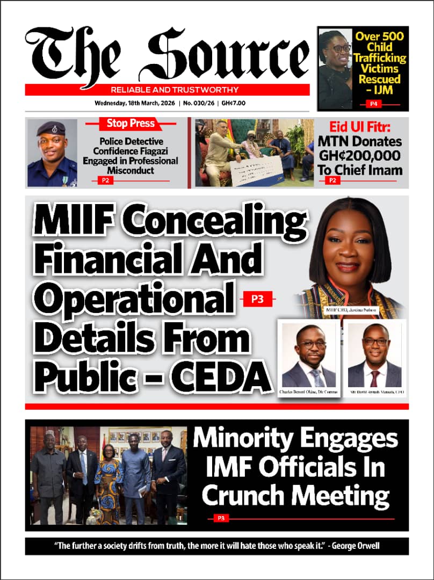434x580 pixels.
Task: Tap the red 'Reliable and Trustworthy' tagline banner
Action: (x=167, y=90)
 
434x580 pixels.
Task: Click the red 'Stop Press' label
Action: (x=131, y=124)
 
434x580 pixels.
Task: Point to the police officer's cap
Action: (x=51, y=128)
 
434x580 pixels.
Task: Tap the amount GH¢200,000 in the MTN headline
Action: (x=367, y=156)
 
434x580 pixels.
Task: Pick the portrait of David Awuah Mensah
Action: (x=374, y=355)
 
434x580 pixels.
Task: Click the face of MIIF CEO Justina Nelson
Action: (x=348, y=251)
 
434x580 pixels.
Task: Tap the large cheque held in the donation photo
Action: (x=256, y=168)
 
